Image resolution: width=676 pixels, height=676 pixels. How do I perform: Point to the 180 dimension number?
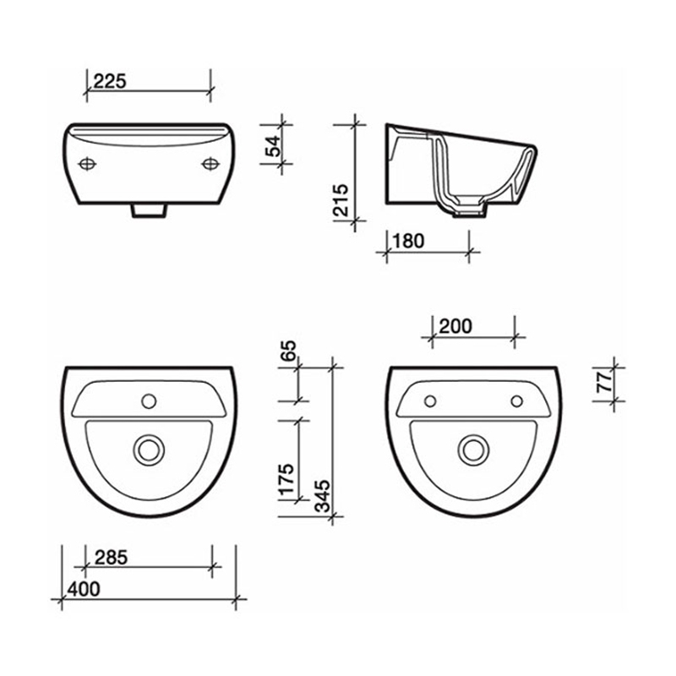point(407,241)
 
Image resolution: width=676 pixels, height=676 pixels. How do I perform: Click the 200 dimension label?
point(455,325)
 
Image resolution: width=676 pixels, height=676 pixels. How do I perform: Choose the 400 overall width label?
point(84,588)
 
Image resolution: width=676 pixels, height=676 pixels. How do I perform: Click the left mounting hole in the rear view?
point(88,163)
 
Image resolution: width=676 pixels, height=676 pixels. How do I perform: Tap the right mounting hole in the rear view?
point(209,163)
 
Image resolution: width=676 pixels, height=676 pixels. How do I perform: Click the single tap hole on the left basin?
point(150,399)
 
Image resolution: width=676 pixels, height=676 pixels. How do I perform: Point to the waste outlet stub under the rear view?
point(149,209)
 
